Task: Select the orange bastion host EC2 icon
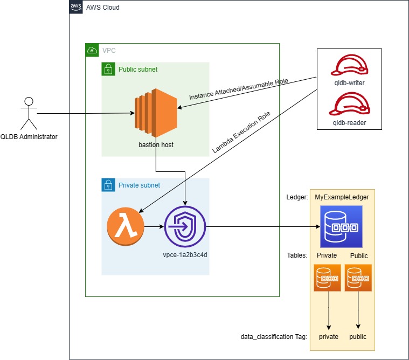pos(156,114)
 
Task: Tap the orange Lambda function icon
pos(126,227)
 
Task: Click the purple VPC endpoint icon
pos(185,227)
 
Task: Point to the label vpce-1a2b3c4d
pos(185,254)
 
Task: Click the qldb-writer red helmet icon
pos(350,66)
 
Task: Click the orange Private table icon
pos(327,278)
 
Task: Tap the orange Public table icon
pos(358,278)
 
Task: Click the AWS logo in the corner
pos(77,7)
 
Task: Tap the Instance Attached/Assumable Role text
pos(239,89)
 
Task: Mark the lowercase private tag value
pos(328,337)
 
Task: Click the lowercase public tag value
pos(357,337)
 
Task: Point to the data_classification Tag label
pos(274,337)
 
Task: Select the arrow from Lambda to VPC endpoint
pos(154,227)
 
